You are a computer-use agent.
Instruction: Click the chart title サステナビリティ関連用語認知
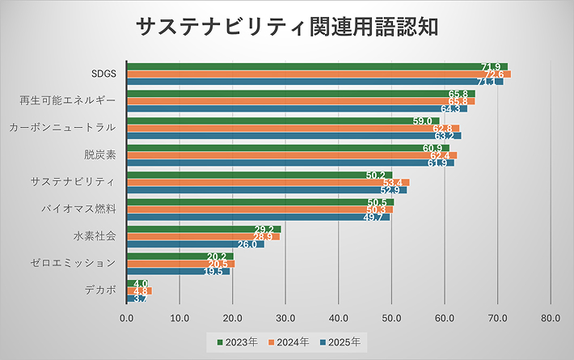287,27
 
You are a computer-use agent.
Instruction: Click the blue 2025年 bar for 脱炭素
290,163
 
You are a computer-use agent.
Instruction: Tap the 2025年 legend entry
344,341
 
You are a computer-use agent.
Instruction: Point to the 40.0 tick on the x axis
339,318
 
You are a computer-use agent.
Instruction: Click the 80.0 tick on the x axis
551,318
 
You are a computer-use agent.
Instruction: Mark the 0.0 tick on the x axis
127,318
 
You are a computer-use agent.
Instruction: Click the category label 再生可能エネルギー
67,101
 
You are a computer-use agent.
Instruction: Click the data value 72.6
492,74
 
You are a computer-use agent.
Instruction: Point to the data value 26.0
247,244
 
